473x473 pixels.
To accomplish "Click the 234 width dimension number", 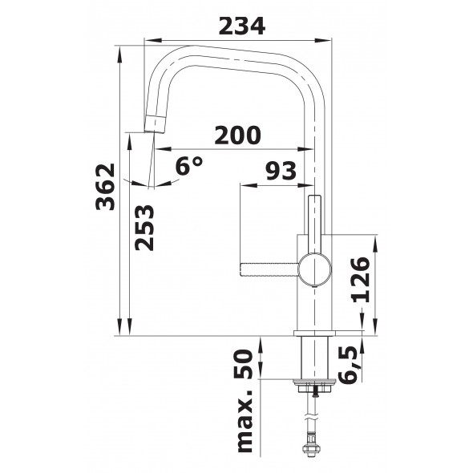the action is [242, 26].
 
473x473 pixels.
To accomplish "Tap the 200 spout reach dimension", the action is [237, 135].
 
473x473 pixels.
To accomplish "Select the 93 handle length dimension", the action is [281, 171].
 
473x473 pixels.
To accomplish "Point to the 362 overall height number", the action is [105, 187].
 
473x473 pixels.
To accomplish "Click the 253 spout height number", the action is [144, 228].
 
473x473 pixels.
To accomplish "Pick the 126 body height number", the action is [361, 280].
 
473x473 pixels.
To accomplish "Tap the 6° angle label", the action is [189, 166].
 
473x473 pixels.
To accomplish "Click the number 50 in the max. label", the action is [242, 364].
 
